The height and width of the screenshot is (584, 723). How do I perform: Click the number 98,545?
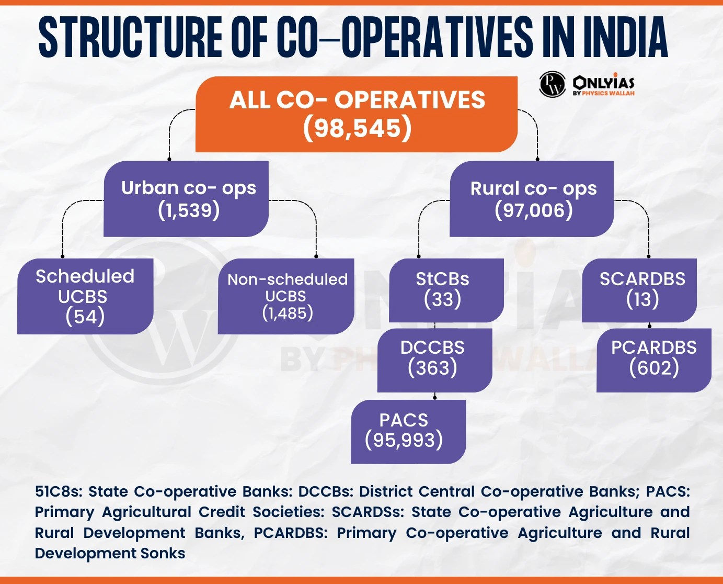point(357,128)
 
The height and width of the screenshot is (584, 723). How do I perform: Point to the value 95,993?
point(404,441)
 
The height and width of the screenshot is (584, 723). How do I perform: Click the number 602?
point(654,368)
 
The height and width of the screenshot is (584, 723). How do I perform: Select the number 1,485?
point(288,313)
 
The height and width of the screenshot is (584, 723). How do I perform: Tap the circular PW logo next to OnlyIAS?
point(552,84)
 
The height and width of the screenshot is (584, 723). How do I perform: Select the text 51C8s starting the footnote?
point(58,491)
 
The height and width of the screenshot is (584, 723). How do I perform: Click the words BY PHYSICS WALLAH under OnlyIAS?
point(603,94)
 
